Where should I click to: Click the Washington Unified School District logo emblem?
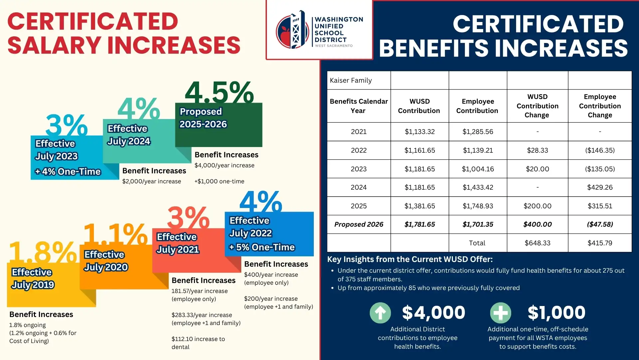[x=292, y=30]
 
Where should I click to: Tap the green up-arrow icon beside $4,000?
[x=380, y=313]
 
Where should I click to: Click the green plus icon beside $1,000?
[x=500, y=313]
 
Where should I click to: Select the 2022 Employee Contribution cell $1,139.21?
[x=478, y=150]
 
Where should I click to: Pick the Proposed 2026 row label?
[x=358, y=224]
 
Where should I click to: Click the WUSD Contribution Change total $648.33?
[x=537, y=243]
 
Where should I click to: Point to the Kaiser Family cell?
[x=351, y=80]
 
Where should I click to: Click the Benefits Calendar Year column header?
[x=358, y=106]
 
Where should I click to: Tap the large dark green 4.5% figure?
[x=219, y=93]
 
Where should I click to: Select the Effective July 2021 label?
[x=178, y=243]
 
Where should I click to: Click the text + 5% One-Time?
[x=262, y=247]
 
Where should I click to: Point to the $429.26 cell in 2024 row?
[x=599, y=187]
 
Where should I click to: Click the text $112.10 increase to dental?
[x=198, y=343]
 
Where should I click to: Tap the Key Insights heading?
[x=410, y=259]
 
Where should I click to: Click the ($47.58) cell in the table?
[x=599, y=224]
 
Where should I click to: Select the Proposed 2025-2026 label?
[x=203, y=118]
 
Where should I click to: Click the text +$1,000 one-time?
[x=219, y=181]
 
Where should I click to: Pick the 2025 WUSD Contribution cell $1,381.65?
[x=419, y=206]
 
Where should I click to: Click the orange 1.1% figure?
[x=115, y=234]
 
